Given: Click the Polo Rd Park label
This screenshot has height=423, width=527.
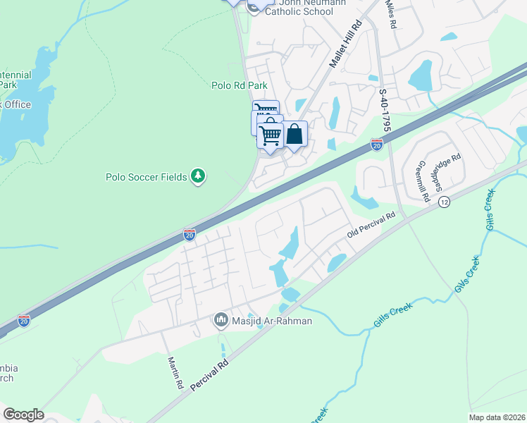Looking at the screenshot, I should (240, 85).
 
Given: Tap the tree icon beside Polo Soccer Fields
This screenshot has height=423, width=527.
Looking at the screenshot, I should (199, 176).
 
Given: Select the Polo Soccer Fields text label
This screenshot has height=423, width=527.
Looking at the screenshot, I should (147, 177).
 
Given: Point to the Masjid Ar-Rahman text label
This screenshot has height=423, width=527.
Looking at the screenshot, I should (272, 321).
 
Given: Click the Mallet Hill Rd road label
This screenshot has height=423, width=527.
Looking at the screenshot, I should (345, 44).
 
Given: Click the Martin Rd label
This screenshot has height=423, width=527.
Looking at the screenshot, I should (175, 373).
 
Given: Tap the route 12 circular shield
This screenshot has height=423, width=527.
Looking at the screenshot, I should (444, 202).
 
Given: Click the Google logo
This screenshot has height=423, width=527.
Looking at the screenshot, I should (23, 415).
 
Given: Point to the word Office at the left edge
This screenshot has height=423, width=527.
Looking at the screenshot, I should (15, 104).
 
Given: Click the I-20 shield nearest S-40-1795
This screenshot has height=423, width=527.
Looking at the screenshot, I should (377, 145).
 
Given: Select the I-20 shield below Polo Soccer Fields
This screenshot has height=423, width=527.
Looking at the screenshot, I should (190, 235).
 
